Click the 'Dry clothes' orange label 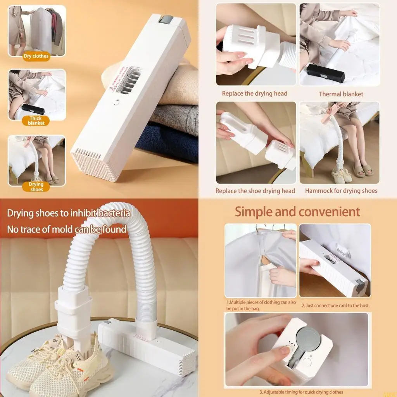tap(36, 56)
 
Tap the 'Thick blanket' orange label tap(36, 121)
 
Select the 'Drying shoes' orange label tap(36, 186)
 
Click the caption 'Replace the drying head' tap(254, 93)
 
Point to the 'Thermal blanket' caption tap(341, 94)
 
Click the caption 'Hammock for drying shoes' tap(341, 191)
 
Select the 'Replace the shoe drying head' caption tap(255, 191)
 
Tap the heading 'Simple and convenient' tap(297, 212)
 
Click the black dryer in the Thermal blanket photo tap(325, 72)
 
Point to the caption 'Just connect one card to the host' tap(335, 306)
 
